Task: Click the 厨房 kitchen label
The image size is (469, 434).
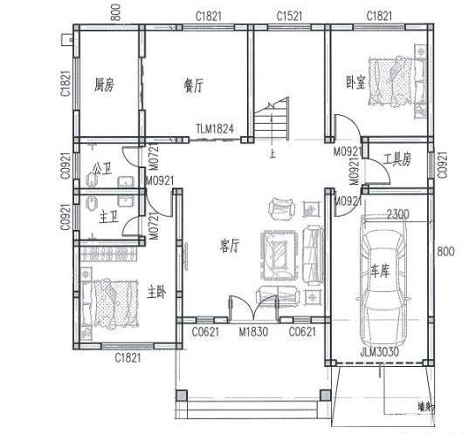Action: [105, 85]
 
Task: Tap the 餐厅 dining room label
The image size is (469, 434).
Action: [193, 85]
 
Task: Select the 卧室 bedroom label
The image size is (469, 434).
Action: [355, 83]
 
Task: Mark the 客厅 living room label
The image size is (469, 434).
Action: [230, 247]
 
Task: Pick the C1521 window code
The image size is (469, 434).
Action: [289, 17]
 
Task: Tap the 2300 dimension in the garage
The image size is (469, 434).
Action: [398, 214]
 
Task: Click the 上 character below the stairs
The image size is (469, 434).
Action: [272, 154]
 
